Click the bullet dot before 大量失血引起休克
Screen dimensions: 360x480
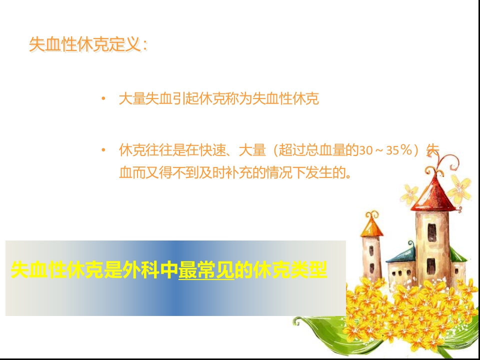pos(103,98)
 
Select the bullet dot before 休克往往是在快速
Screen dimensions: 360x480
pos(103,149)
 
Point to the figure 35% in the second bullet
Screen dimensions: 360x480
pos(400,150)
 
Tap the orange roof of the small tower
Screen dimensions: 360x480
pos(371,227)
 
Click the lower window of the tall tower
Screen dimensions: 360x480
pos(431,264)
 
